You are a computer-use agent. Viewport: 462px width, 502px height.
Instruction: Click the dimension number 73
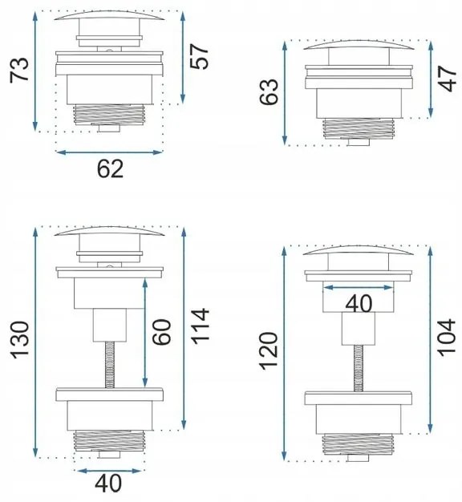coord(19,71)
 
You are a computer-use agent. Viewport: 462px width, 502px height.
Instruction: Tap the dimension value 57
coord(199,57)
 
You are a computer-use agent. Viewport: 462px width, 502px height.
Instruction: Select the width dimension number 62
coord(110,168)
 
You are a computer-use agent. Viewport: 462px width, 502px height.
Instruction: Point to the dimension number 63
coord(269,92)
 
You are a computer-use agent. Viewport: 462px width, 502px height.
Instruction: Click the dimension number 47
coord(447,79)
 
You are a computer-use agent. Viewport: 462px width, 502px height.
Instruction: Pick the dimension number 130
coord(20,340)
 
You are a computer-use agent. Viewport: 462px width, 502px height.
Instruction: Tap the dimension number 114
coord(201,326)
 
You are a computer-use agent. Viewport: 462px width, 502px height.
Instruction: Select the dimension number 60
coord(162,332)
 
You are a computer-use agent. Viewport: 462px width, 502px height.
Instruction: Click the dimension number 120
coord(269,351)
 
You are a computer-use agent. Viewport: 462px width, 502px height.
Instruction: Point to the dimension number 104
coord(446,338)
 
